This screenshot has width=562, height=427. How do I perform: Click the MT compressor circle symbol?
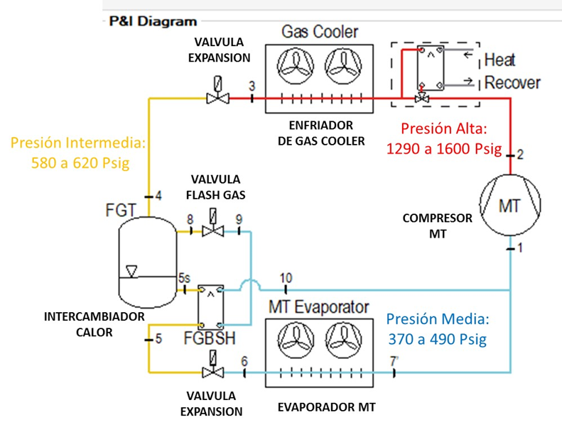(510, 206)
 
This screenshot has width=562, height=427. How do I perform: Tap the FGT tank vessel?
(147, 259)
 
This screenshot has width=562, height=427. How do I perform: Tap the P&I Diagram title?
(153, 21)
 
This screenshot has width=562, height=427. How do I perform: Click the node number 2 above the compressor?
(520, 155)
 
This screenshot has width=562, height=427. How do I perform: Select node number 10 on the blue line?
(286, 277)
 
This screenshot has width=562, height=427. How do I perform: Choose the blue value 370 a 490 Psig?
(437, 339)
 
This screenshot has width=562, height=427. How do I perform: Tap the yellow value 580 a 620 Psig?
(78, 162)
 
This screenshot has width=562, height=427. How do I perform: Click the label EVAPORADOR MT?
(326, 408)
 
